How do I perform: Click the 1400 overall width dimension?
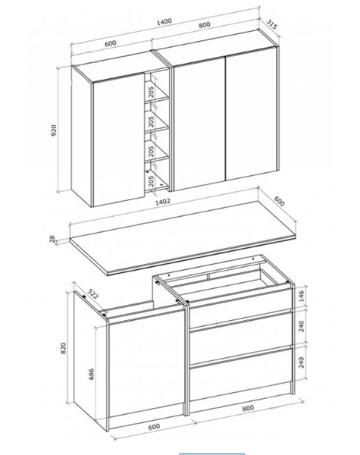164,22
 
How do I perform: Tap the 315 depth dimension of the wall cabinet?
272,24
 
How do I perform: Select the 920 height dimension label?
54,130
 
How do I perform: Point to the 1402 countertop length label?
163,202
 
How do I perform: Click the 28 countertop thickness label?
52,239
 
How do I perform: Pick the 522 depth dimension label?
93,294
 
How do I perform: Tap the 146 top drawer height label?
302,296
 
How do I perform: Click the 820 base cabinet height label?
63,348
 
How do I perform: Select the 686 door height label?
91,375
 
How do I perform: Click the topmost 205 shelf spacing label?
151,92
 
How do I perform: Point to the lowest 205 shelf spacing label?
151,180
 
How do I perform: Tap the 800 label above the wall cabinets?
204,25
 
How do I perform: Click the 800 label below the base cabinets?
248,408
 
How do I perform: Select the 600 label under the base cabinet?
154,427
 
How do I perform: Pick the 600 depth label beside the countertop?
279,201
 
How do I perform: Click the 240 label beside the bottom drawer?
302,362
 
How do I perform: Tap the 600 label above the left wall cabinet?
110,43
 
